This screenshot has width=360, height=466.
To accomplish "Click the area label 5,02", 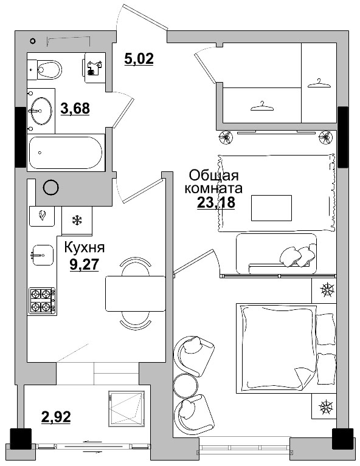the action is [x=139, y=58].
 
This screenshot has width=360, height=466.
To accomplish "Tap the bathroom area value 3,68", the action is [x=75, y=108].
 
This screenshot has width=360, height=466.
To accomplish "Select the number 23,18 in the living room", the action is [x=216, y=202].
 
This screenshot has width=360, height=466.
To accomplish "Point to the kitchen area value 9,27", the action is [x=84, y=264].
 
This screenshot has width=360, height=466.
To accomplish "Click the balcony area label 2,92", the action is [x=56, y=416].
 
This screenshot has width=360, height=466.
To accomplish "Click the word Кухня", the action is [x=85, y=247].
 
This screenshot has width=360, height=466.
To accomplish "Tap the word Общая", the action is [x=214, y=176].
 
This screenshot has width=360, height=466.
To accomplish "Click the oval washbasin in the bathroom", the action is [x=41, y=111].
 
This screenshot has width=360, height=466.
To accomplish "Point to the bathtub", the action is [x=66, y=152].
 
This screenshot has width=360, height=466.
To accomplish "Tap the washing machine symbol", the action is [x=95, y=68].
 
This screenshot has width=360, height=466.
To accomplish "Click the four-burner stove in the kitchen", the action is [x=41, y=301].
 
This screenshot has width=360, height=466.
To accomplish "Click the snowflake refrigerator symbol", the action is [x=77, y=221].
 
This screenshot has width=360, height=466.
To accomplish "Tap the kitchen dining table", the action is [x=136, y=293].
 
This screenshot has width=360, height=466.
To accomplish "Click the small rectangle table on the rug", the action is [x=271, y=208].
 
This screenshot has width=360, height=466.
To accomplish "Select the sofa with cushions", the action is [x=276, y=253].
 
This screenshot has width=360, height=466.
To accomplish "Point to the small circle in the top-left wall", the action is [x=33, y=41].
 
